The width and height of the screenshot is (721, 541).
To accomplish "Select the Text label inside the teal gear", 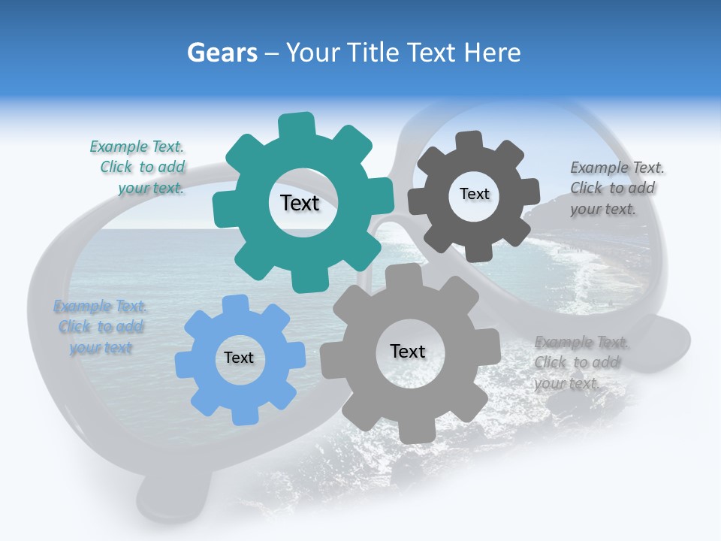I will [x=300, y=203].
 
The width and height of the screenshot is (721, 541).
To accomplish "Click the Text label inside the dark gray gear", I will [x=474, y=194].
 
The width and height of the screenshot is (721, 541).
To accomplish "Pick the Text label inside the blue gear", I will [x=239, y=358].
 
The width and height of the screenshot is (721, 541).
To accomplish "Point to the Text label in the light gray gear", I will [x=408, y=351].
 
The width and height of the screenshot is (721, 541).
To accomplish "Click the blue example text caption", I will [x=100, y=327].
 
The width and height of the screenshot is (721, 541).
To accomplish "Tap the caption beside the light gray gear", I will [x=580, y=363].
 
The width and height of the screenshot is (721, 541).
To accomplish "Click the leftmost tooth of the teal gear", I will [x=224, y=208].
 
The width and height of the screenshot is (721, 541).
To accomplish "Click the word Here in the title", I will [x=493, y=53].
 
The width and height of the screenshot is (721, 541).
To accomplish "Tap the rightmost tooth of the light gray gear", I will [x=490, y=346].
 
